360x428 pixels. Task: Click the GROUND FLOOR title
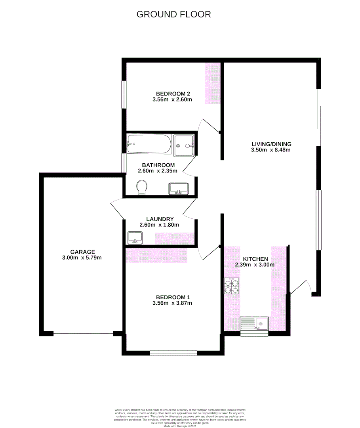pos(173,14)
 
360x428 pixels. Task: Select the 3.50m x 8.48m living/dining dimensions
pos(271,150)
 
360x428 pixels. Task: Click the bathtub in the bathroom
pos(149,144)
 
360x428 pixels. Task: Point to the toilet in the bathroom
pos(141,187)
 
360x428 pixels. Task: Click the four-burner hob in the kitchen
pos(232,286)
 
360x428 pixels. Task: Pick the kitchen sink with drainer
pos(254,323)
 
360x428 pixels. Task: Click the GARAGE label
pos(83,252)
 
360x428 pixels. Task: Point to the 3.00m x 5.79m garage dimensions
pos(83,258)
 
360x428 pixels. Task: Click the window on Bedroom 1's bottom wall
pos(173,352)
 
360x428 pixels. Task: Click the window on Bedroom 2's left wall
pos(124,94)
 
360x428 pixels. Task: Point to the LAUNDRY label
pos(160,219)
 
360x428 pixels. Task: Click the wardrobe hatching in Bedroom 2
pos(213,83)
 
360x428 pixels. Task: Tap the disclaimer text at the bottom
pos(180,418)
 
